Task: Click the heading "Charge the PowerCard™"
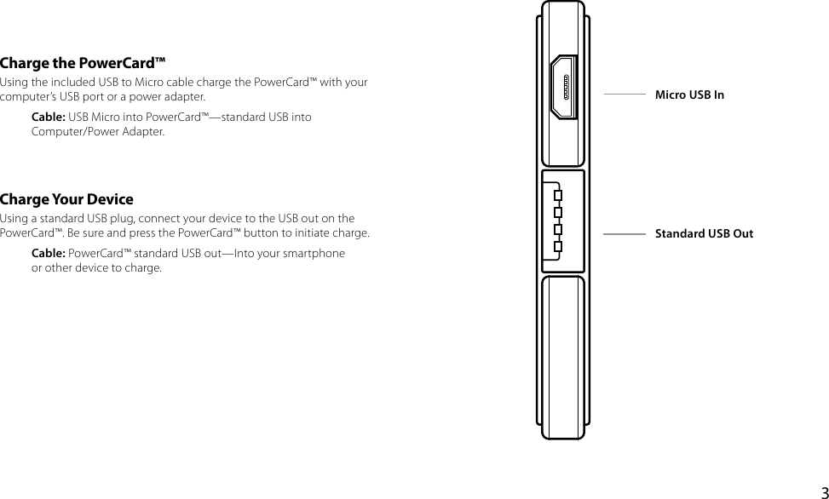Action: [83, 64]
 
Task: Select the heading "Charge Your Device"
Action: [66, 200]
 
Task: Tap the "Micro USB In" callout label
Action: [689, 95]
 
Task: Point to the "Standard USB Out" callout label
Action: [704, 233]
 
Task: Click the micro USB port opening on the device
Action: [563, 88]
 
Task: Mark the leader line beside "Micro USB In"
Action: [624, 95]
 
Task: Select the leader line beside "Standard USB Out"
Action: [624, 233]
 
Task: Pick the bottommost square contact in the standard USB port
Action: [557, 248]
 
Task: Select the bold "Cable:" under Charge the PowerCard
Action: [49, 117]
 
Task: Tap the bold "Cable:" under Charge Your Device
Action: [49, 254]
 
